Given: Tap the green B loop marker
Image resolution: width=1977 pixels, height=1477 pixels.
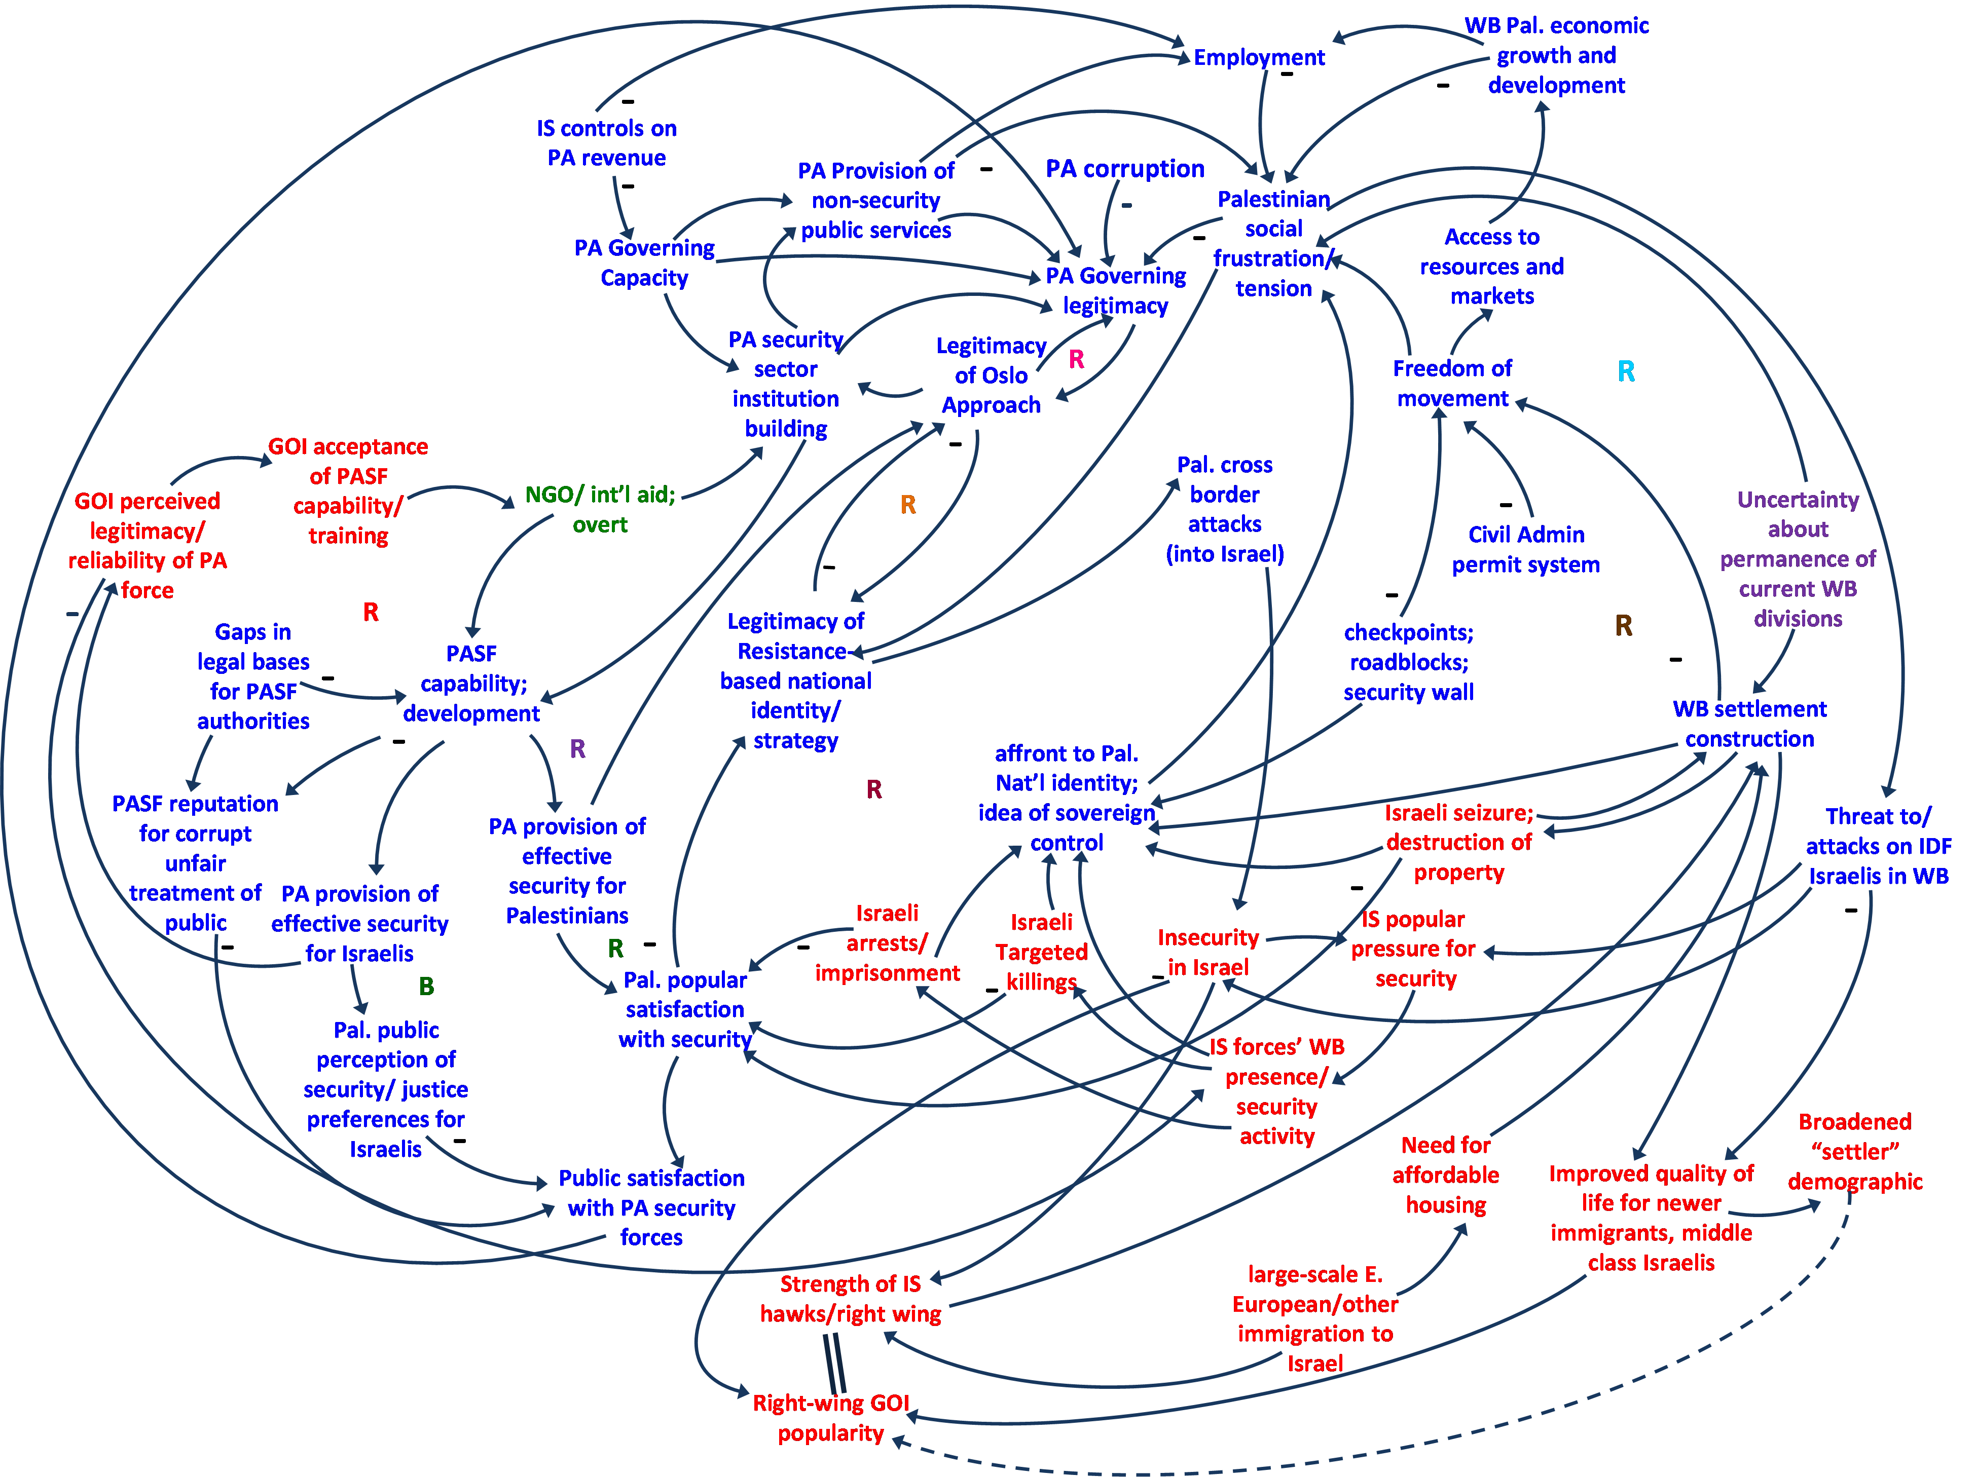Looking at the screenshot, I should coord(426,987).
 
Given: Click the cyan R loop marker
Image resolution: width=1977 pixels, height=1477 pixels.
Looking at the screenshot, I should coord(1626,372).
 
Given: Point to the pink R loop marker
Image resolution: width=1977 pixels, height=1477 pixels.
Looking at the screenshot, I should coord(1076,359).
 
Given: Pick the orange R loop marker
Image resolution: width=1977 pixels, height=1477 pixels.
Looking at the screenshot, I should coord(907,505).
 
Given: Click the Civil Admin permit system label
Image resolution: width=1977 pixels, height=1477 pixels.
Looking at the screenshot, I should coord(1526,550).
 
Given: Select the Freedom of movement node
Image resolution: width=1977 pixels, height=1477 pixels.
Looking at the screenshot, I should coord(1452,384).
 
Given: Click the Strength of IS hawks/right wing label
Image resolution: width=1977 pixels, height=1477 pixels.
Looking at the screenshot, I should coord(850,1299).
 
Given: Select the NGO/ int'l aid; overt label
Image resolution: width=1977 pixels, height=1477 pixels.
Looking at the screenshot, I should coord(600,509).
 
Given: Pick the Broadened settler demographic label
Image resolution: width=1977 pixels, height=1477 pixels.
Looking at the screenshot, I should coord(1854,1152).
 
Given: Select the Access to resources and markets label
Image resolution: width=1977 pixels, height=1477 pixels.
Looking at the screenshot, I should coord(1492,267).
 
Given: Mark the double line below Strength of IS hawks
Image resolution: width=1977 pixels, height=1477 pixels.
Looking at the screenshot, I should coord(834,1362).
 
